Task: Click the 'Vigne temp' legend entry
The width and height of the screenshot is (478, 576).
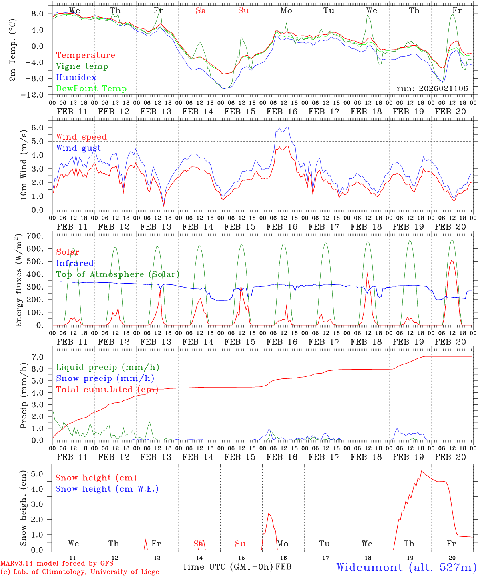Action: coord(82,66)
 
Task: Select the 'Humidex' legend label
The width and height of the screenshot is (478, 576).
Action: coord(76,78)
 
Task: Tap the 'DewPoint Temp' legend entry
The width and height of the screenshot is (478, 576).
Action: coord(91,89)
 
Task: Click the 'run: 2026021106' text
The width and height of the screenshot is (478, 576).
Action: coord(432,89)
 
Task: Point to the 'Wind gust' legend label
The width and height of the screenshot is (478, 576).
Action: coord(78,148)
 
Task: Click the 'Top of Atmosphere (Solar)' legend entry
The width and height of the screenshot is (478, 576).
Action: coord(118,274)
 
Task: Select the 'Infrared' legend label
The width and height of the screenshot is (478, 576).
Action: coord(75,263)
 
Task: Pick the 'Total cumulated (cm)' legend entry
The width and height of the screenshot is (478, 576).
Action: coord(107,390)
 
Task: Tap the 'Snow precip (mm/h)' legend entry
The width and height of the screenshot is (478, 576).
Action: coord(105,378)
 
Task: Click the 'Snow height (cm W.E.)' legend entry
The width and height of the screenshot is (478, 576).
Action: coord(107,489)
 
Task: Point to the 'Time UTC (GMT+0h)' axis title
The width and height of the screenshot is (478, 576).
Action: coord(228,567)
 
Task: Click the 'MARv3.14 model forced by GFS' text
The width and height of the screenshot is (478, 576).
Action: coord(57,563)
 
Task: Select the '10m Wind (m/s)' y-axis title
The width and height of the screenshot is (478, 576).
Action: coord(24,164)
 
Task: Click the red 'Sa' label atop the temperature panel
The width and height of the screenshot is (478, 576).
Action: coord(201,11)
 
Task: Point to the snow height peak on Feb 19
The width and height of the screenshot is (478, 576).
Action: coord(421,471)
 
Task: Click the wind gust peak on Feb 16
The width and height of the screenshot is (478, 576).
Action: coord(287,127)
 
